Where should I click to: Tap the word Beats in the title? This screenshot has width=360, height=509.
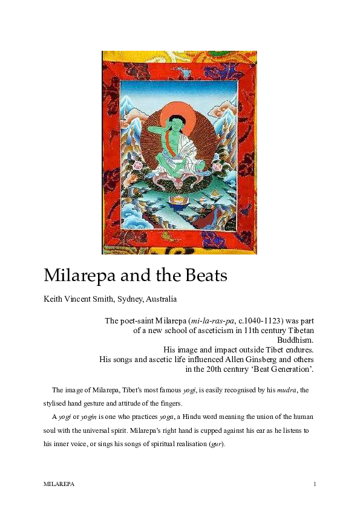[x=203, y=276]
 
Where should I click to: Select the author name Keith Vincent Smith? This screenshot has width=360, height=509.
[x=83, y=299]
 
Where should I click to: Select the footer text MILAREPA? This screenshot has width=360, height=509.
[x=58, y=485]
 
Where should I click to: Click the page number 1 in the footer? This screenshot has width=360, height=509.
[x=315, y=485]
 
